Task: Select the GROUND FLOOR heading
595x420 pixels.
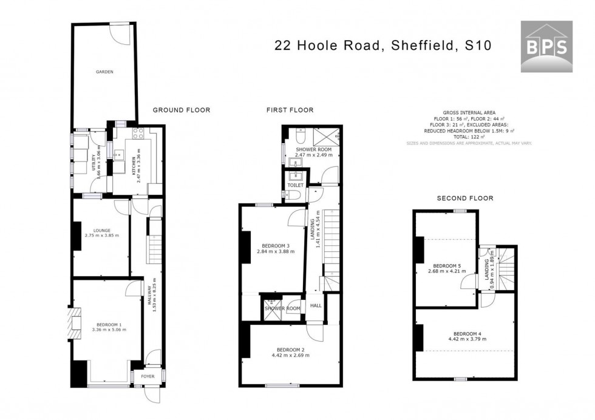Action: tap(181, 110)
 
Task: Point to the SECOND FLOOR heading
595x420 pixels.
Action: tap(465, 198)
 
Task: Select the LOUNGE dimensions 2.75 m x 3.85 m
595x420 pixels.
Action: tap(101, 235)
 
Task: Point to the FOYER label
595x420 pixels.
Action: tap(148, 376)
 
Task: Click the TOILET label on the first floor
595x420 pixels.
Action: tap(295, 185)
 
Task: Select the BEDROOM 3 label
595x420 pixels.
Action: tap(275, 246)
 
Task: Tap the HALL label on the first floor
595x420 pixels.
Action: tap(316, 306)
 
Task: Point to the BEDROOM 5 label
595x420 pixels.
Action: tap(447, 265)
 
